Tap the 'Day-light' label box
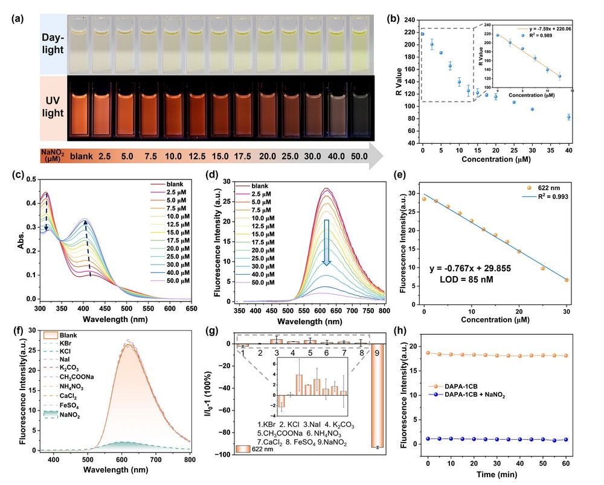tap(54, 44)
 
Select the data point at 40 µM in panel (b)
tap(568, 117)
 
